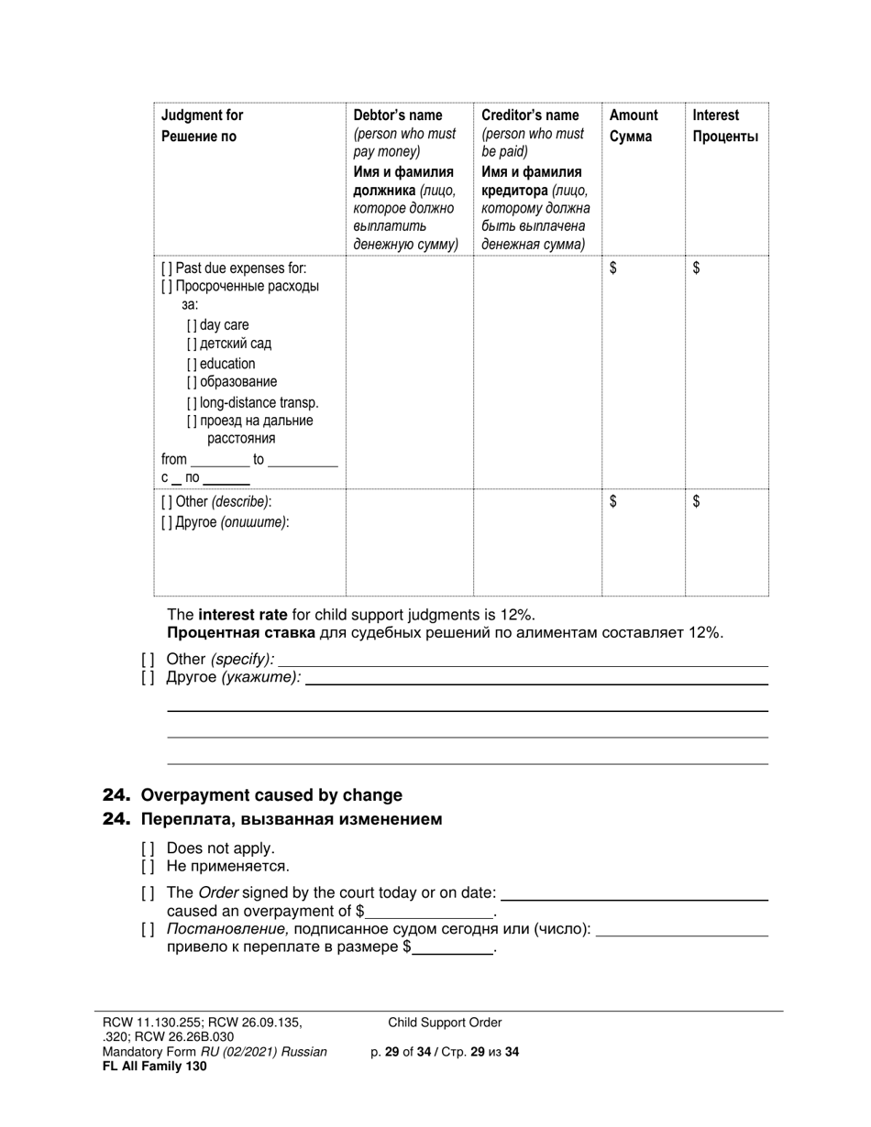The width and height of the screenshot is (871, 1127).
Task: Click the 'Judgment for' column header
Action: (x=202, y=115)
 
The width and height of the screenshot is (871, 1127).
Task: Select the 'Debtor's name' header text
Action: (x=397, y=115)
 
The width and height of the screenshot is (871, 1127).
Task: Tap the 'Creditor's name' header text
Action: (x=529, y=115)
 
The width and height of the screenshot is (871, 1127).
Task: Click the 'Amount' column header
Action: (x=633, y=115)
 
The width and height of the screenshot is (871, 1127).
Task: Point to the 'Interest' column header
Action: (x=715, y=115)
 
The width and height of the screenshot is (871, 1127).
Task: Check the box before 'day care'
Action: (x=192, y=325)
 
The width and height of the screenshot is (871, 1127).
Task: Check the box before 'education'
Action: (x=192, y=364)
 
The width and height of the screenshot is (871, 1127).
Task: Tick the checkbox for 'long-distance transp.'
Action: (x=192, y=402)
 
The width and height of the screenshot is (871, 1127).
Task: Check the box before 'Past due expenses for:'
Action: (x=166, y=268)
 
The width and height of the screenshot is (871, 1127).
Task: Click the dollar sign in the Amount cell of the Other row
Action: (x=613, y=501)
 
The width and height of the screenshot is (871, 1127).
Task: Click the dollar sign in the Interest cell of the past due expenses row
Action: (x=697, y=268)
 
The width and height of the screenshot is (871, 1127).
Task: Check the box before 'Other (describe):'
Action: (x=166, y=502)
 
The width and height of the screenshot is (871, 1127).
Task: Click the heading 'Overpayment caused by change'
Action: (x=271, y=795)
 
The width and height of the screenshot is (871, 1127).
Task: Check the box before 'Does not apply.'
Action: (x=148, y=848)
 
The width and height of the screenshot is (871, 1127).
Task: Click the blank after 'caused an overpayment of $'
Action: (x=428, y=914)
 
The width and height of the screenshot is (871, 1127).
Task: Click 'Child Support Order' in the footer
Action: (x=445, y=1023)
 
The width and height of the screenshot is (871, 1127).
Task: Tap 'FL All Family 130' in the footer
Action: (x=154, y=1066)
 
